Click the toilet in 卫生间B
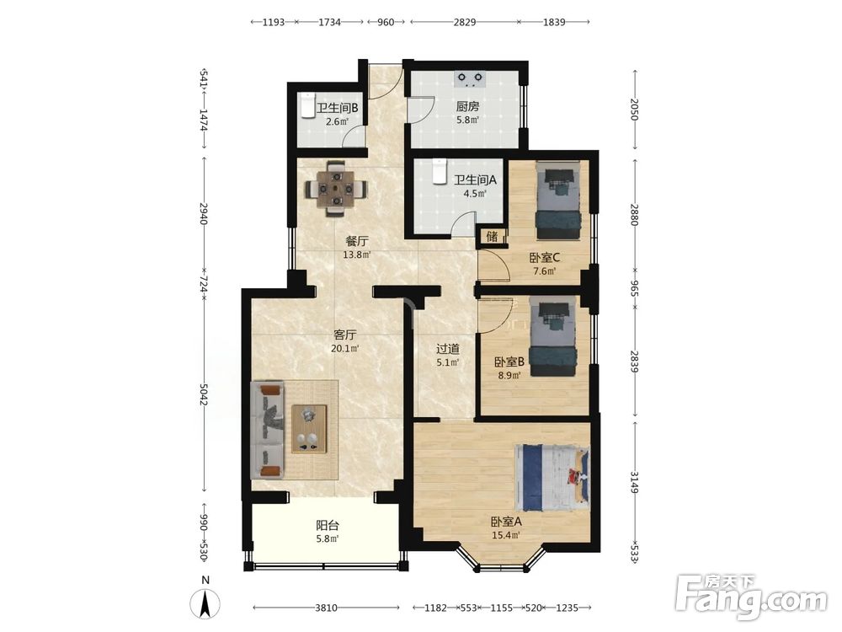(306, 105)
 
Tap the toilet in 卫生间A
(440, 171)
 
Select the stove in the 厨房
(470, 79)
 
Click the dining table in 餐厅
(337, 189)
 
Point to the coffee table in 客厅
(309, 428)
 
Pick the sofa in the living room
(268, 430)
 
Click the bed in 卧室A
(552, 477)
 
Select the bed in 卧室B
(553, 338)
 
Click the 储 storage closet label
(492, 236)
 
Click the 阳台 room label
(327, 525)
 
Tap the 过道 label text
(447, 349)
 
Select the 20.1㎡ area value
(344, 348)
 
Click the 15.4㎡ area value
(506, 535)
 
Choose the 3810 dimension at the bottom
(326, 608)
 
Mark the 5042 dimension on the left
(203, 395)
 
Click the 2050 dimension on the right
(635, 110)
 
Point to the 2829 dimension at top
(465, 22)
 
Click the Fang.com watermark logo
(751, 597)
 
